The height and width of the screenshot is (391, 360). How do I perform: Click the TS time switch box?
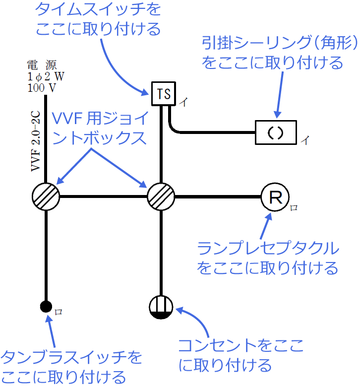(164, 93)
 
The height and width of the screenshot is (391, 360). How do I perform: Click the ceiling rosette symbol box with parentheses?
(275, 132)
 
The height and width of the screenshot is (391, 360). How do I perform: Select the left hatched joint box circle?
(46, 197)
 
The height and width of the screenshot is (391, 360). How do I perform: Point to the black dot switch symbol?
(46, 306)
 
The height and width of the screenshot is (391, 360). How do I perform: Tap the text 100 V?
(42, 87)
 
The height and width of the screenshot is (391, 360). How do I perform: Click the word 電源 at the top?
(42, 65)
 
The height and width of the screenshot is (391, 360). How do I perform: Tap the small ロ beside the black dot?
(58, 312)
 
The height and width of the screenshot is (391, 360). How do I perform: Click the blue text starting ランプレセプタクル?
(268, 258)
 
